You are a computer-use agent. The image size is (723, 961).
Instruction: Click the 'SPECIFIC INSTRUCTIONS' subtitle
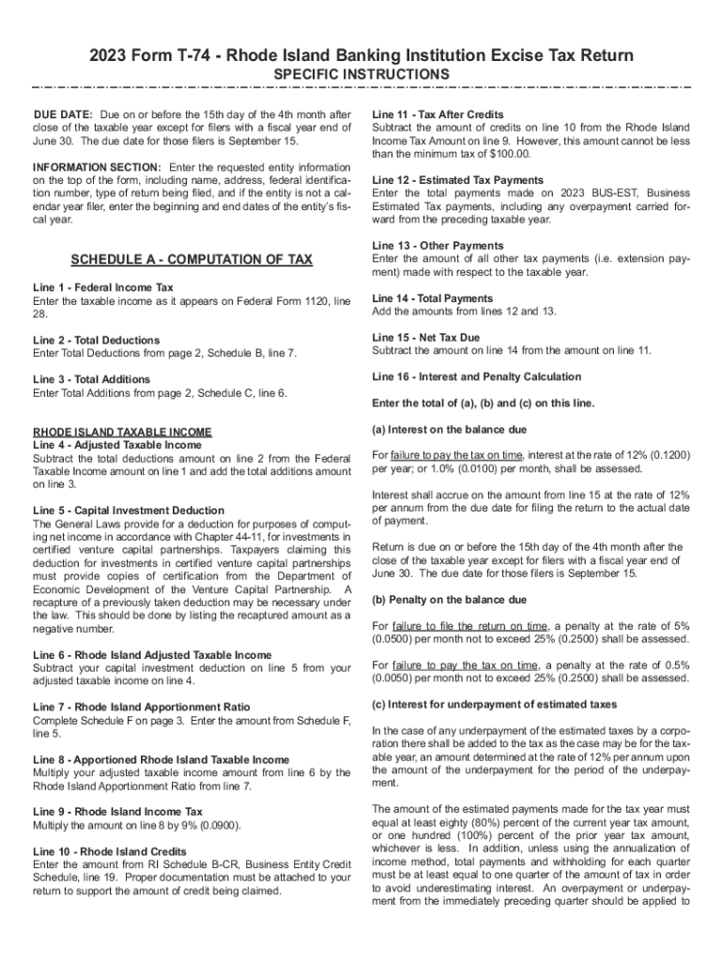click(361, 74)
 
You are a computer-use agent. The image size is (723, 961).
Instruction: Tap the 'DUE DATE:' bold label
click(62, 114)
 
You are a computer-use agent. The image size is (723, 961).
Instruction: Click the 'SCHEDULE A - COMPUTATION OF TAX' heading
click(192, 259)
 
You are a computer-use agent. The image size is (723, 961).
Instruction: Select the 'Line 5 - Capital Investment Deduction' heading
click(129, 511)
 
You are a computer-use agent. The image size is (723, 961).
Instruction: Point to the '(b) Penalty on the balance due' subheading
click(450, 600)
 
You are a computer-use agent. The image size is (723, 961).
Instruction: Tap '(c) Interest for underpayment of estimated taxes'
click(495, 705)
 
